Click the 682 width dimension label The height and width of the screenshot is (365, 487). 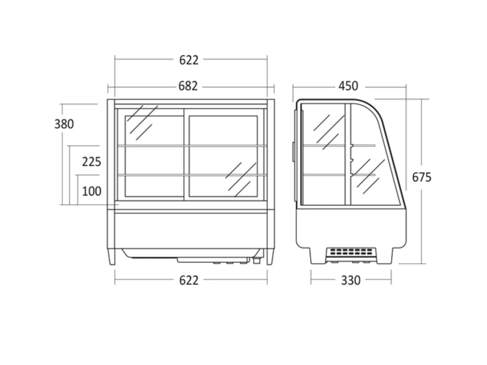pos(188,86)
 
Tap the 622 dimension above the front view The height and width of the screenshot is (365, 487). pos(189,60)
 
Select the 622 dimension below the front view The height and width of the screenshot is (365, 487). pos(189,280)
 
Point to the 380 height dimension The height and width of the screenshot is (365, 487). pos(64,124)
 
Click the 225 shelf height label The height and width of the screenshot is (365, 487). pos(92,162)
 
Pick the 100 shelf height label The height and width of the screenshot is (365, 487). pos(92,191)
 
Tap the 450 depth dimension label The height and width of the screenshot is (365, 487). pos(348,86)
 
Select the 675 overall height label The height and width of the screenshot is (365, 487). pos(422,177)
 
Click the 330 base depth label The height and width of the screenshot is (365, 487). pos(351,280)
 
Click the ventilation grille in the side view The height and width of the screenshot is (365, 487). pos(351,252)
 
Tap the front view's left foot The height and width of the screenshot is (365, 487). pos(112,257)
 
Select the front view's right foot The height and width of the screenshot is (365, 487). pos(270,257)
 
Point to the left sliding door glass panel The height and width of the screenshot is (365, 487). pos(154,156)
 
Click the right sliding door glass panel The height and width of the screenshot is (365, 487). pos(223,156)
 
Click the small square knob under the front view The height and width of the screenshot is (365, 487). pos(257,261)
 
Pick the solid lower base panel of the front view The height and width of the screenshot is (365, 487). pos(191,231)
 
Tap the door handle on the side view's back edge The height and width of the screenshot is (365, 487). pos(293,152)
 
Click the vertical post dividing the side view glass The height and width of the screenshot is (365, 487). pos(348,155)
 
